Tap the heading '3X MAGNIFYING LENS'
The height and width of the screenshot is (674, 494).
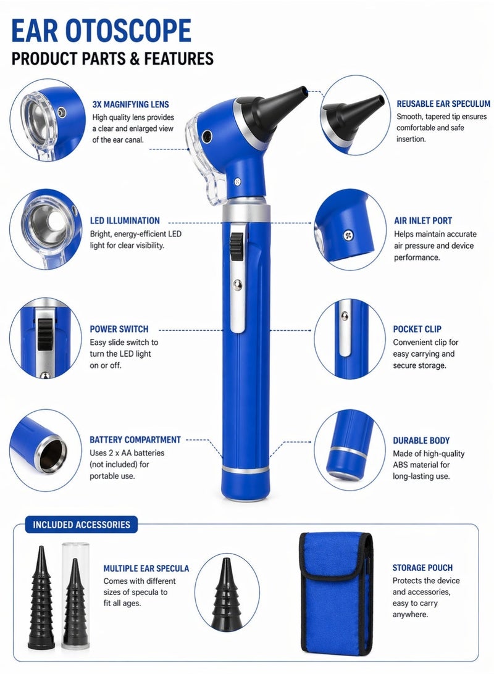pyautogui.click(x=130, y=104)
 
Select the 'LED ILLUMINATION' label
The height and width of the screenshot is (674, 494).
pyautogui.click(x=125, y=220)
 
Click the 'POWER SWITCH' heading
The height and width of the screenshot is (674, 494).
pyautogui.click(x=119, y=329)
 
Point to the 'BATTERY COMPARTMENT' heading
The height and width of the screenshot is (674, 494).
pyautogui.click(x=135, y=440)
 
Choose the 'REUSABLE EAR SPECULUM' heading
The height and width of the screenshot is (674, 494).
pyautogui.click(x=443, y=104)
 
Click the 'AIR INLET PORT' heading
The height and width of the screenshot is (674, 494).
pyautogui.click(x=423, y=220)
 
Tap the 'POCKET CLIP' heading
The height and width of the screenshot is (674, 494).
pyautogui.click(x=417, y=329)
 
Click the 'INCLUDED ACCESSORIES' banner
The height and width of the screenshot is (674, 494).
pyautogui.click(x=82, y=525)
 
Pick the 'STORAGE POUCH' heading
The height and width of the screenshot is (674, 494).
pyautogui.click(x=422, y=567)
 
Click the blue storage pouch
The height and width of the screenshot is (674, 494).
pyautogui.click(x=336, y=593)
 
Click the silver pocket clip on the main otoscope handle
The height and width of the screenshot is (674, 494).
pyautogui.click(x=237, y=296)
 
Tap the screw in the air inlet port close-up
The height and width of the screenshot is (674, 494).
pyautogui.click(x=350, y=235)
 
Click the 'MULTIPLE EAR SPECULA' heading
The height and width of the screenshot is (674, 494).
pyautogui.click(x=146, y=568)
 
